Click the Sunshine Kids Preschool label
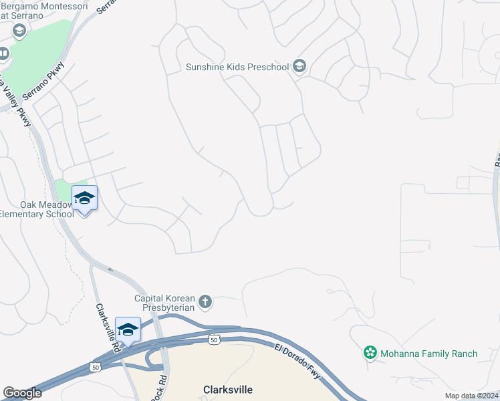[237, 67]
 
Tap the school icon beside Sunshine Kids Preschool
[299, 66]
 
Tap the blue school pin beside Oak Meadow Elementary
[84, 198]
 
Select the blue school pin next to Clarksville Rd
[128, 329]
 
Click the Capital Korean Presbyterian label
[164, 303]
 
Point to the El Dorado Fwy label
[299, 365]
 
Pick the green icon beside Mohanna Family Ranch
[370, 352]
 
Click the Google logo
[22, 393]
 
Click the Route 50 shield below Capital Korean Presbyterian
[213, 340]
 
